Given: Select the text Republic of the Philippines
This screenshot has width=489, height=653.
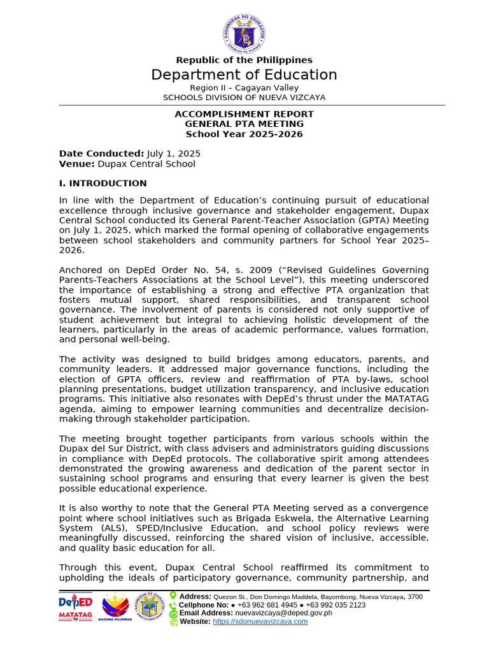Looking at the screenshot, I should tap(244, 60).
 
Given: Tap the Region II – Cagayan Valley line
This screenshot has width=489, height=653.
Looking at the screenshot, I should tap(244, 87).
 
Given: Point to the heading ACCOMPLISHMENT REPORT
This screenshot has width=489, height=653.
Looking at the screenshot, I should tap(244, 114).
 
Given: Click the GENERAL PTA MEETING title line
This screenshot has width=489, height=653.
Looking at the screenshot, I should tap(244, 124).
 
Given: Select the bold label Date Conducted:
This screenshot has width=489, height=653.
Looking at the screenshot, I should tap(101, 154).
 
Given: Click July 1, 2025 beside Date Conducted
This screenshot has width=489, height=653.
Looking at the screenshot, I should tap(174, 154).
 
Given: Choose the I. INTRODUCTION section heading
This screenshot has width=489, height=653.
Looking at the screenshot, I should tap(103, 183).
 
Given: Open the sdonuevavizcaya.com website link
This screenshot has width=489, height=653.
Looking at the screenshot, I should tap(260, 621).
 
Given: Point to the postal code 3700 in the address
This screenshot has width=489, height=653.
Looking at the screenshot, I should tap(415, 597).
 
